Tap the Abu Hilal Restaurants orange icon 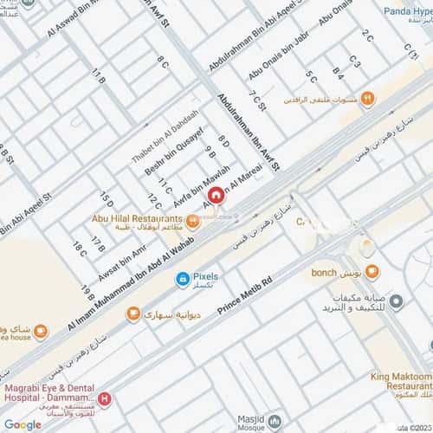193,221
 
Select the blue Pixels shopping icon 183,278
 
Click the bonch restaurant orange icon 371,273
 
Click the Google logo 23,424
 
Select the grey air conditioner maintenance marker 396,301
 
